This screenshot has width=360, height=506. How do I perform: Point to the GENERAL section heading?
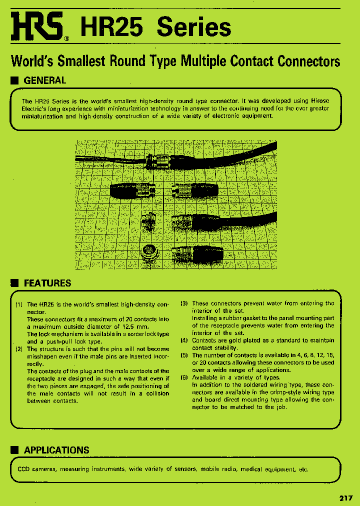tap(44, 80)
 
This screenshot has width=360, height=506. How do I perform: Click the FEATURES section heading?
tap(47, 283)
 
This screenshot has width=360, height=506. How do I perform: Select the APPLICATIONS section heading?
tap(56, 450)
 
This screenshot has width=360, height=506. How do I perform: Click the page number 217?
tap(346, 498)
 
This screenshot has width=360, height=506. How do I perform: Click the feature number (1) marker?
tap(18, 304)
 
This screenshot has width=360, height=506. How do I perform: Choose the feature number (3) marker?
tap(184, 303)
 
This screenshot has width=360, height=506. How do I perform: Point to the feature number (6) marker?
tap(184, 377)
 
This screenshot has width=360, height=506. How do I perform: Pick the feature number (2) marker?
tap(18, 349)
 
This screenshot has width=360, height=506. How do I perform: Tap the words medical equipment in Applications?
tap(269, 469)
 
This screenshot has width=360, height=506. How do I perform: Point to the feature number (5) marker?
tap(184, 355)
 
